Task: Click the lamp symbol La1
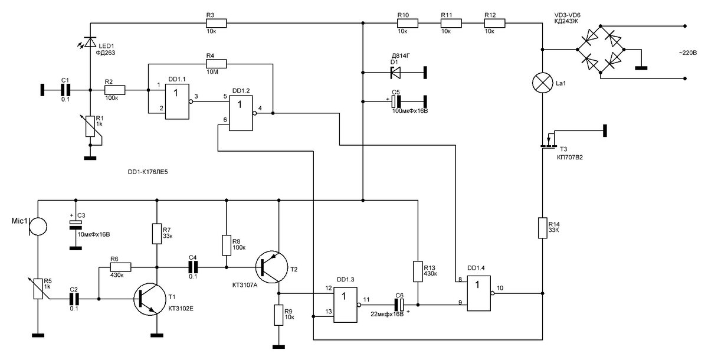click(x=542, y=83)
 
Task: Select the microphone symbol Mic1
click(x=38, y=226)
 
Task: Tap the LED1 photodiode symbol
click(x=88, y=42)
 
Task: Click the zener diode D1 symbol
click(x=395, y=73)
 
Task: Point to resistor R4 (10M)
click(x=216, y=64)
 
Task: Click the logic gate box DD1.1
click(x=178, y=102)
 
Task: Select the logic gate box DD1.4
click(x=479, y=293)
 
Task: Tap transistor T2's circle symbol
click(x=272, y=267)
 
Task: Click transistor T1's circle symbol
click(x=150, y=299)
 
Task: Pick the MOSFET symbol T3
click(x=548, y=140)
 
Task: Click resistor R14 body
click(x=542, y=228)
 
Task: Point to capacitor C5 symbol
click(x=396, y=102)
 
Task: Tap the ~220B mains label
click(x=687, y=53)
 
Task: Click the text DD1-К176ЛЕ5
click(x=147, y=172)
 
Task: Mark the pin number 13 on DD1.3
click(x=329, y=312)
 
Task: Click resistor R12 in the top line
click(x=494, y=23)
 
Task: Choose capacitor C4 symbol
click(x=193, y=267)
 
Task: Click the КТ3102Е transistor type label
click(x=181, y=309)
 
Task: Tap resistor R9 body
click(x=278, y=315)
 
